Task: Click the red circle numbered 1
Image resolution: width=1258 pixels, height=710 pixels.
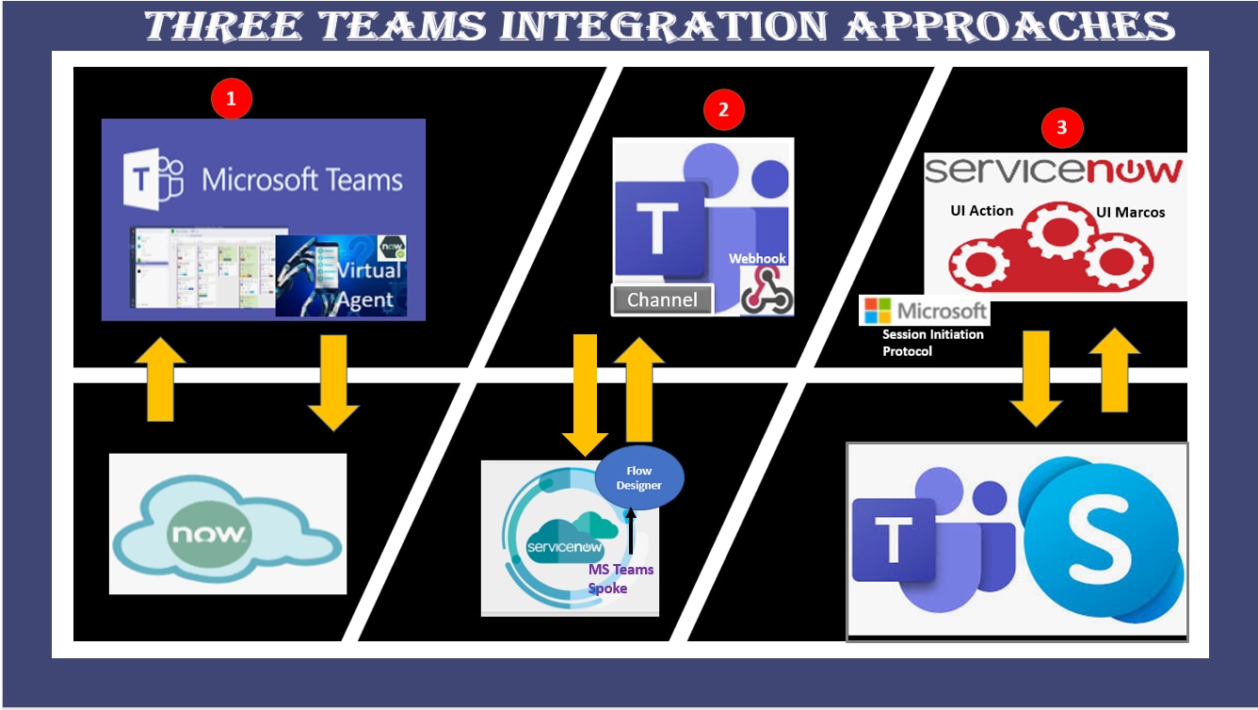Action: coord(232,99)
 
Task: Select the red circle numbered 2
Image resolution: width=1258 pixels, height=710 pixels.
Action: coord(723,109)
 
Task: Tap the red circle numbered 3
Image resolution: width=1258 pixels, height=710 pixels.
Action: coord(1062,128)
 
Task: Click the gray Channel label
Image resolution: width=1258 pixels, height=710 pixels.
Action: coord(663,299)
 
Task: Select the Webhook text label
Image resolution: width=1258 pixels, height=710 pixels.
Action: coord(757,258)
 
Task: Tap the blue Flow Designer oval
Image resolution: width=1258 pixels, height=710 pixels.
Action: coord(639,477)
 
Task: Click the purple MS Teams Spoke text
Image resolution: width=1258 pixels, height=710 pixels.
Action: coord(621,578)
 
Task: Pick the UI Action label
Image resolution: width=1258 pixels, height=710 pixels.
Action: coord(981,210)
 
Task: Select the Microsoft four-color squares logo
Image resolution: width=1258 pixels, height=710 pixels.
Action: coord(878,311)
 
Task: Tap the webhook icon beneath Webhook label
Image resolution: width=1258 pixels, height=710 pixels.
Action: coord(766,291)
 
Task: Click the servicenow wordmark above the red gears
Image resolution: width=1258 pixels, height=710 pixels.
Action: coord(1053,170)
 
